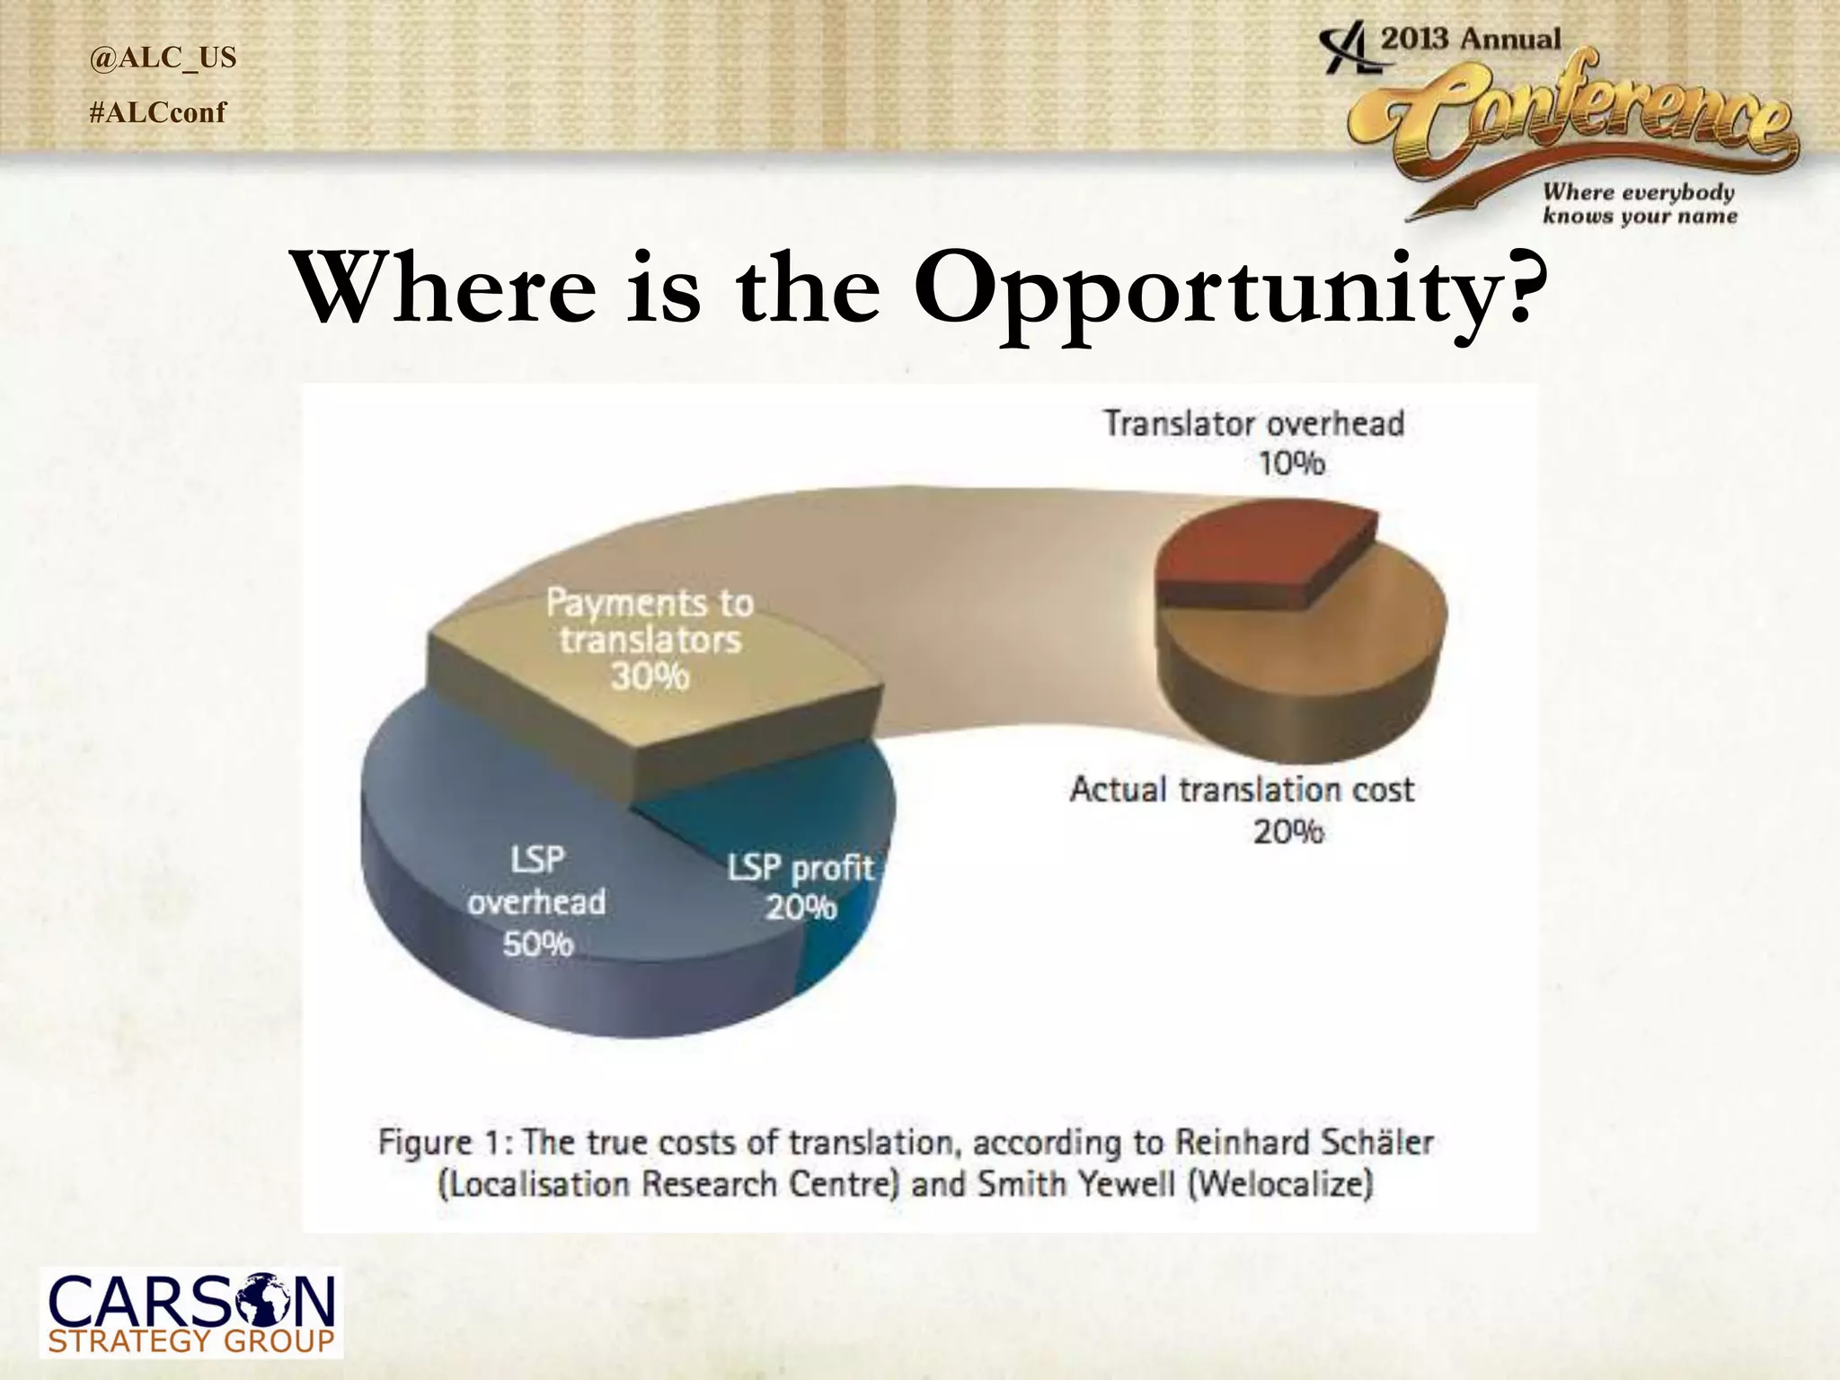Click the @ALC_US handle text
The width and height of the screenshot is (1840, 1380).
pyautogui.click(x=163, y=57)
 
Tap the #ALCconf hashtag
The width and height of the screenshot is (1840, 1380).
pyautogui.click(x=158, y=112)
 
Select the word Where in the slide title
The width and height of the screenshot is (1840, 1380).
pyautogui.click(x=446, y=287)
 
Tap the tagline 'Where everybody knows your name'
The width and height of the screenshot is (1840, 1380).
pyautogui.click(x=1639, y=204)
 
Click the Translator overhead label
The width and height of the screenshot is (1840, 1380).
pyautogui.click(x=1253, y=423)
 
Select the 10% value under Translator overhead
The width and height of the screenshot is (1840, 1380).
pyautogui.click(x=1290, y=464)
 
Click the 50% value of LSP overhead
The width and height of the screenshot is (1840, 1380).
pyautogui.click(x=537, y=944)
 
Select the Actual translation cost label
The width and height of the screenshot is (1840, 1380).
pyautogui.click(x=1242, y=790)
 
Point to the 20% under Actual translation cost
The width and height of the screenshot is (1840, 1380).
pyautogui.click(x=1287, y=832)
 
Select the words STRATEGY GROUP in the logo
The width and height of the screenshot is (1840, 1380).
pyautogui.click(x=190, y=1342)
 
